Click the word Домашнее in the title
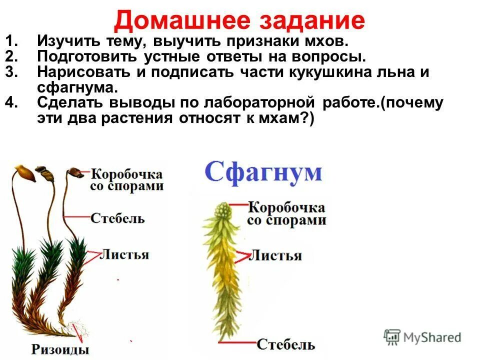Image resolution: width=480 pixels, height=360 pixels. (x=179, y=21)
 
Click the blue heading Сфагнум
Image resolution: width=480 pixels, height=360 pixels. (x=263, y=172)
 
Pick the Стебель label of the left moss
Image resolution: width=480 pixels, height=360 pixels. (x=117, y=218)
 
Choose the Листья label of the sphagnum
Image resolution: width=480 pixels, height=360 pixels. (x=275, y=256)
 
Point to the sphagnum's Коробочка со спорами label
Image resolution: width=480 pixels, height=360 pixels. (x=286, y=213)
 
